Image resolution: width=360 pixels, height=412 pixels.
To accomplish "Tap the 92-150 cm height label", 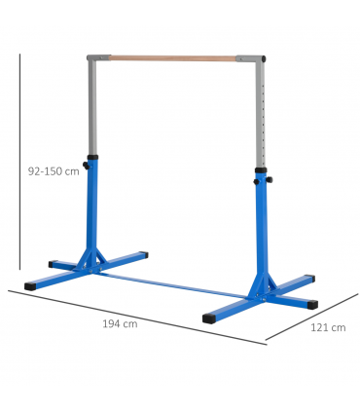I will (x=53, y=169).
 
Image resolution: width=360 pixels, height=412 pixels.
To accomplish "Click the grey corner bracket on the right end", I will (x=258, y=60).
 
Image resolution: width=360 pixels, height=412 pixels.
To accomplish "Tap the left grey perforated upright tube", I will (x=92, y=107).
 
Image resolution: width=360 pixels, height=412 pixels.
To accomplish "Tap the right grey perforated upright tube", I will (x=260, y=117).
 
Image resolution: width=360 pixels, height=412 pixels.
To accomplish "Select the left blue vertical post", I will (x=93, y=209).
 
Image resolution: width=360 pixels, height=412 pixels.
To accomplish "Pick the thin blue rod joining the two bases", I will (x=175, y=283).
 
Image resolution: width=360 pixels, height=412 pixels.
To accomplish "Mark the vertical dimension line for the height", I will (x=20, y=166).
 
